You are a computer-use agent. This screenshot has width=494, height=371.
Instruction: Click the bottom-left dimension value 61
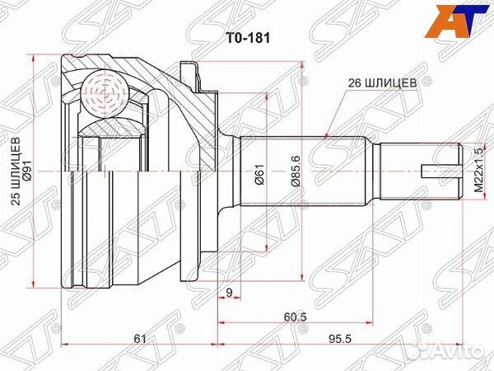(139, 338)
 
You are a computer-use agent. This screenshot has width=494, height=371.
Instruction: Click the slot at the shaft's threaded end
(439, 172)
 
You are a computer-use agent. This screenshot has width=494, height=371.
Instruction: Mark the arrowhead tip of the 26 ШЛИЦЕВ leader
(328, 134)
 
